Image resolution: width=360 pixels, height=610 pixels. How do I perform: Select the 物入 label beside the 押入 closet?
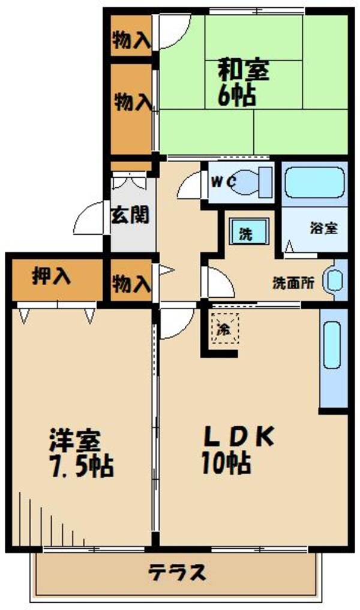(131, 282)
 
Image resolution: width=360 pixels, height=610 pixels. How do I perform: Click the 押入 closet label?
(52, 277)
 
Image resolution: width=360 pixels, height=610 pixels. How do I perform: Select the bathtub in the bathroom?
(314, 183)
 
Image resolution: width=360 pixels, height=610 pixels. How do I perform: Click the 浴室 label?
(323, 228)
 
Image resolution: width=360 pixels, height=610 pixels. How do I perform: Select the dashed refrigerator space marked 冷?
(224, 328)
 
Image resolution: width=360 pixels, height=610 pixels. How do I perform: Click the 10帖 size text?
(226, 462)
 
